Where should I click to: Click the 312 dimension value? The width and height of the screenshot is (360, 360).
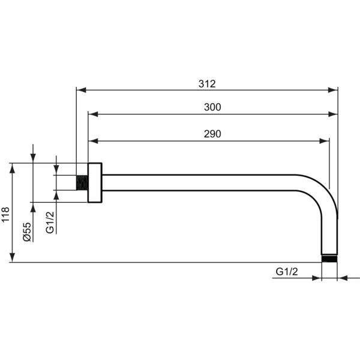207,84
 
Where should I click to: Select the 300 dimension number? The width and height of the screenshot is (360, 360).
212,107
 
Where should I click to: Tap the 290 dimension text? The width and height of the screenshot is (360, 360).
212,134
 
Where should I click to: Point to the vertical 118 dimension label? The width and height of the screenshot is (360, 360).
5,214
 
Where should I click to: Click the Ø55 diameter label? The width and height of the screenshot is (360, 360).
27,232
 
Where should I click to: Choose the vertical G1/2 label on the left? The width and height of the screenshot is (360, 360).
50,222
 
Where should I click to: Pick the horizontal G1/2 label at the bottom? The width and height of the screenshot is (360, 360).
287,272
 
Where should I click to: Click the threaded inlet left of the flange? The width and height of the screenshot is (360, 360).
82,183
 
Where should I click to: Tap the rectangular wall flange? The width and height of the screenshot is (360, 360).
95,183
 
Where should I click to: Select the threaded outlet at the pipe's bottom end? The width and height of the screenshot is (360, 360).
329,259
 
